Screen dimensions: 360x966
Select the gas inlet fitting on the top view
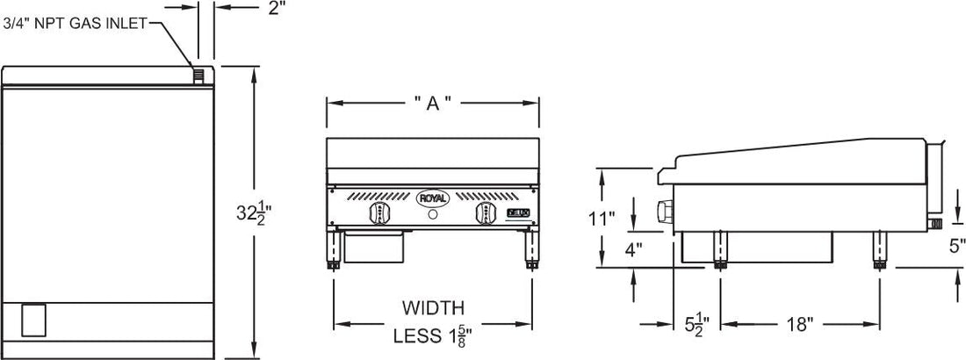[200, 76]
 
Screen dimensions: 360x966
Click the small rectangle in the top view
[32, 319]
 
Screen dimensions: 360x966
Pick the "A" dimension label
[432, 104]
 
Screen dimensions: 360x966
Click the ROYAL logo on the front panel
[432, 198]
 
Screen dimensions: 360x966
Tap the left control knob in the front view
[381, 215]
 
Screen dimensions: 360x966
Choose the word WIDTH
[432, 308]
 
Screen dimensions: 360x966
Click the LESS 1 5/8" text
[432, 335]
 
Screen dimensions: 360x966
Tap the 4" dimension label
[634, 249]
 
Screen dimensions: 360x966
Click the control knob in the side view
[664, 211]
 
